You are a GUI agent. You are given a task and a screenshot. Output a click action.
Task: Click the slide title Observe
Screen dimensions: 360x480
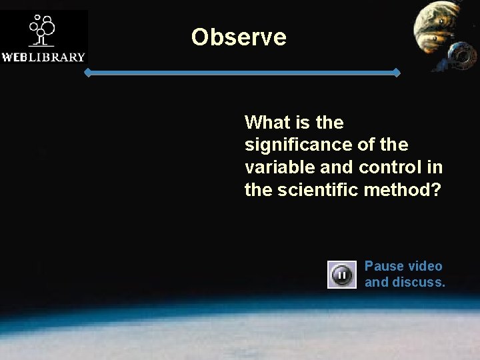click(x=239, y=37)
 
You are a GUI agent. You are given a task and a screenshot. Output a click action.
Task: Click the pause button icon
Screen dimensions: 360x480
click(x=341, y=274)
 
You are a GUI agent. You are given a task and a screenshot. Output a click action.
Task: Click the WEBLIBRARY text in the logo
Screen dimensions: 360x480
click(x=43, y=57)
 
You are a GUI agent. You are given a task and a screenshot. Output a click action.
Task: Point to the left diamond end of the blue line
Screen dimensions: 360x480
click(x=87, y=73)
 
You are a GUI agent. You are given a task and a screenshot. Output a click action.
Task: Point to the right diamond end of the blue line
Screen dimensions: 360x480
click(x=397, y=73)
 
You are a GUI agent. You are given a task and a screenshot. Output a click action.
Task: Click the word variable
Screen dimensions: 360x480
click(x=274, y=167)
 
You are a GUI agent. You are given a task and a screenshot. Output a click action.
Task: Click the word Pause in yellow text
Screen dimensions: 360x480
click(x=384, y=266)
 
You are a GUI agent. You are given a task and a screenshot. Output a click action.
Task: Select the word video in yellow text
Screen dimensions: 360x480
click(x=425, y=266)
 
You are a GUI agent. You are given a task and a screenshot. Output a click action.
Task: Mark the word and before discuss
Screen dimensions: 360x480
click(x=376, y=282)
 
